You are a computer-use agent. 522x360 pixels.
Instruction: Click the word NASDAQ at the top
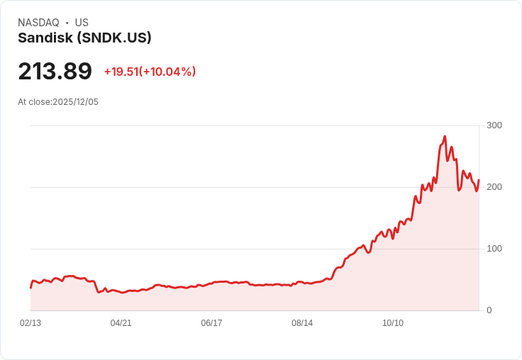point(38,23)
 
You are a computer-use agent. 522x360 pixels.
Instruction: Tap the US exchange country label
point(82,23)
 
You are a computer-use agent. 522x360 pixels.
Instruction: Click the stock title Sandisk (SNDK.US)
point(84,38)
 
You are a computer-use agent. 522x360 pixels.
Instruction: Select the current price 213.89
point(55,72)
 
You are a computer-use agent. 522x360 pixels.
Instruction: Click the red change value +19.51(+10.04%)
point(150,72)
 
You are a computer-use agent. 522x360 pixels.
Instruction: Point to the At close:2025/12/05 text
point(58,102)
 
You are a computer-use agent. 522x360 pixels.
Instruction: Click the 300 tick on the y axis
point(494,125)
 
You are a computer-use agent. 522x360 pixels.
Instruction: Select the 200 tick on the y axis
point(494,187)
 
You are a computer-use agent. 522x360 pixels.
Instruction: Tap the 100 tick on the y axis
point(494,249)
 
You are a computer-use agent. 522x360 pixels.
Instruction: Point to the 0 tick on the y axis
point(489,310)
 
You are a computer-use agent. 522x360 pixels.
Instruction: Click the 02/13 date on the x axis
point(30,323)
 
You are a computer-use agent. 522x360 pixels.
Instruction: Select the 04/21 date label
point(121,323)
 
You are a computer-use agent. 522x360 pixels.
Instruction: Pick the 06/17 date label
point(211,323)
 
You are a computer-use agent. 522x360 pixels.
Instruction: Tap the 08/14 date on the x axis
point(302,323)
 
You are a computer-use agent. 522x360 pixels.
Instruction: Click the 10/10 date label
point(393,323)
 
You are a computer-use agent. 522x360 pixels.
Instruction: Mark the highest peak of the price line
point(445,136)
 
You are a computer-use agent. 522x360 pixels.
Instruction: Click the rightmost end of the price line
point(479,180)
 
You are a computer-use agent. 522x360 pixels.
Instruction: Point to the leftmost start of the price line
point(30,288)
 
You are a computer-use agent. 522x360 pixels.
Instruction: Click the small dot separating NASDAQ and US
point(67,23)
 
